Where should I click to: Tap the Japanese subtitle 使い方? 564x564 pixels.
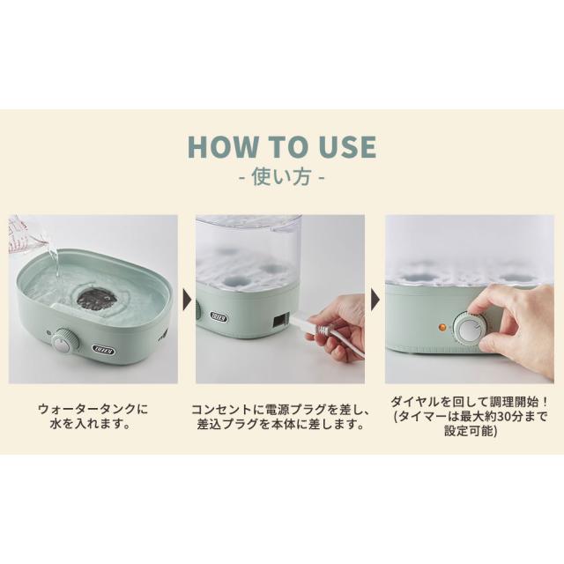(281, 176)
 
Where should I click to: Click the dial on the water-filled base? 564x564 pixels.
(63, 340)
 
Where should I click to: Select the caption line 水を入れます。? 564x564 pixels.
(93, 425)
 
